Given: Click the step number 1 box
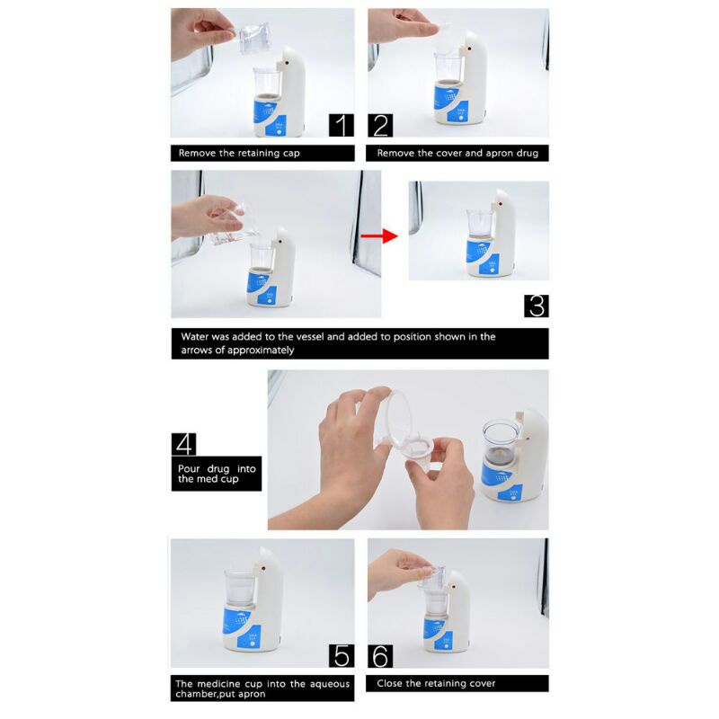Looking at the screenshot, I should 341,125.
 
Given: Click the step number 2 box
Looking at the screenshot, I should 380,125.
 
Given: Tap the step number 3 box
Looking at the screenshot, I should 536,305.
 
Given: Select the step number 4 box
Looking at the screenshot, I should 184,444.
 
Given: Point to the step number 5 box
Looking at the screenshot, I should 341,656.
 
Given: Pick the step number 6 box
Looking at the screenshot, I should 380,656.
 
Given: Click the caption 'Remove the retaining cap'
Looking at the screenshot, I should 239,153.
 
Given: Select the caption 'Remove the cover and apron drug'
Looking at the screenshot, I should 457,153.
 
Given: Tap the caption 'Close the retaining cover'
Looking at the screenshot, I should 436,683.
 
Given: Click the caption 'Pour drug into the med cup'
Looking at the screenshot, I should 217,475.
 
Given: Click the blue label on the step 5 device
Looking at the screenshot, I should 240,623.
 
